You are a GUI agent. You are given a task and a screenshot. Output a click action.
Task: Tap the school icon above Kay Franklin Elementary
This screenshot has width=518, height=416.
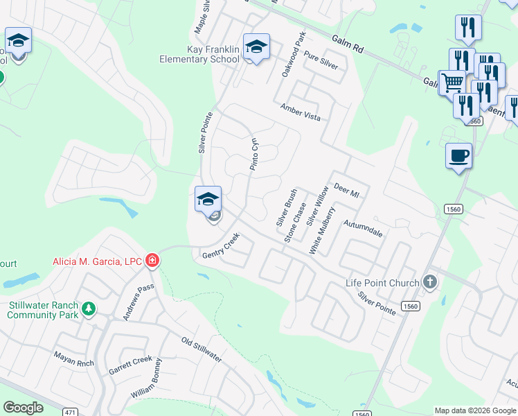click(256, 47)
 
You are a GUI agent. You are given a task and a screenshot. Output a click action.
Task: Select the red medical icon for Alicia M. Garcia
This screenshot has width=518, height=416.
click(152, 261)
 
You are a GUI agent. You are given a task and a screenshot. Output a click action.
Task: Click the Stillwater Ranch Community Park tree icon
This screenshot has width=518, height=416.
click(89, 309)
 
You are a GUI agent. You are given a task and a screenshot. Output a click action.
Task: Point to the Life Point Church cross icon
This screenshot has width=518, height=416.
click(430, 282)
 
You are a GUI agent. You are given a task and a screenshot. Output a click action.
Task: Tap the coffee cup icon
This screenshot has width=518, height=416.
click(458, 156)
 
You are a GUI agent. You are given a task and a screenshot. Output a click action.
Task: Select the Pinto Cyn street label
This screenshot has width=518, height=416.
click(254, 153)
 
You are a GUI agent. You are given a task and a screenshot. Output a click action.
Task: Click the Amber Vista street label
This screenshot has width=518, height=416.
click(301, 112)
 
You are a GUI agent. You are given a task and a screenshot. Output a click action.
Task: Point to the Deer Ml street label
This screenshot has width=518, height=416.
click(347, 190)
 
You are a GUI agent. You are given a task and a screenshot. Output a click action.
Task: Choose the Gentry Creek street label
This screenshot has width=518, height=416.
click(220, 246)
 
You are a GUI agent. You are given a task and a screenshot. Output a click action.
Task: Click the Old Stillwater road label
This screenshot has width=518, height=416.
click(202, 349)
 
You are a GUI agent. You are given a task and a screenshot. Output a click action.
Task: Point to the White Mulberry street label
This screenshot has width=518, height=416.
click(322, 230)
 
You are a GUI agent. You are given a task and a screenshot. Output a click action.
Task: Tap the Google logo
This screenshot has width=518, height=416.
click(24, 408)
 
